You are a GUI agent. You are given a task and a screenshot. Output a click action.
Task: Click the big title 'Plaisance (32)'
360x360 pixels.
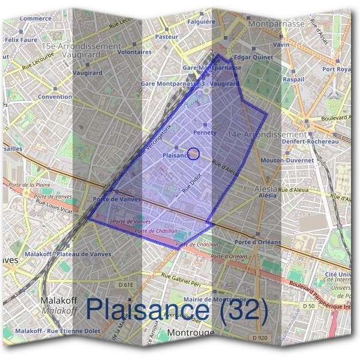176,309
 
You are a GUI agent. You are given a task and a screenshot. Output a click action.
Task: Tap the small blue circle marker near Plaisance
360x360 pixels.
194,154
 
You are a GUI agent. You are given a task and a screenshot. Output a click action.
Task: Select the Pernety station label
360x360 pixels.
205,132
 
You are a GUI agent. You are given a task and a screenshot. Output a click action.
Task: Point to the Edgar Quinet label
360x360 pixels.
250,57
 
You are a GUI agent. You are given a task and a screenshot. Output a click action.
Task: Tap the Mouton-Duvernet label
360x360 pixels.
288,161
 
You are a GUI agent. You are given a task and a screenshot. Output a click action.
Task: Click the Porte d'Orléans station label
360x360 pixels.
259,242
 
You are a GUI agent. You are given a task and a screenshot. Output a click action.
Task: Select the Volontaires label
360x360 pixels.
134,52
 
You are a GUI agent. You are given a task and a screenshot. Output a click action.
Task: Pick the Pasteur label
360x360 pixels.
167,37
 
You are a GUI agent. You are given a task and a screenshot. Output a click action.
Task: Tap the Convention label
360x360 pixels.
55,97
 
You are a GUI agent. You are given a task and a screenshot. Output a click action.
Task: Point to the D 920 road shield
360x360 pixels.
260,338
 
